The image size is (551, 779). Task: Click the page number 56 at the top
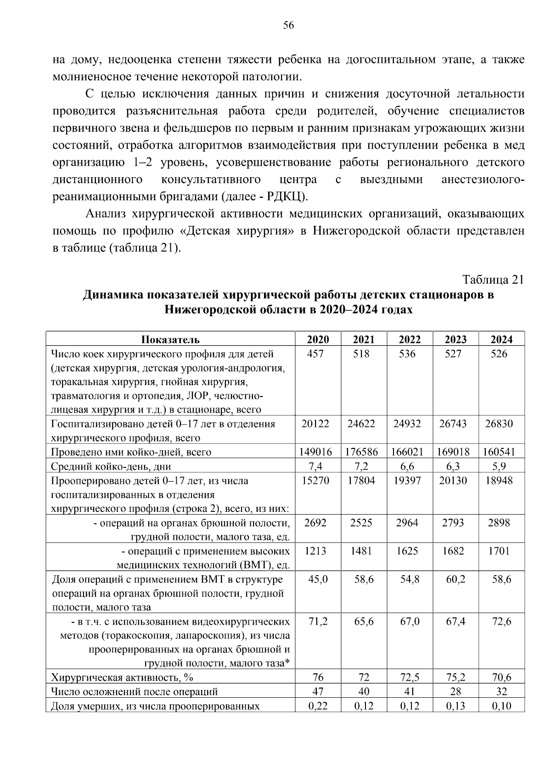(x=288, y=25)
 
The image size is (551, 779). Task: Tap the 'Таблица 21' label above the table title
(x=493, y=280)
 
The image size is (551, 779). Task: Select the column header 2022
(x=410, y=340)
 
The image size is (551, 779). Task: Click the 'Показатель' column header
(x=170, y=340)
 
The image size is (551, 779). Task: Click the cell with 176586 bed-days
(x=361, y=452)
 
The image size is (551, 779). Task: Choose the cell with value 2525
(x=361, y=523)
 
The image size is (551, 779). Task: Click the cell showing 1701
(x=499, y=551)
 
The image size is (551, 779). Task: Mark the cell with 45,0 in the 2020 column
(x=318, y=579)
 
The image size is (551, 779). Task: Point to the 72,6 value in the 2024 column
(x=501, y=622)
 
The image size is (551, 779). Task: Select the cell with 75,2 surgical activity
(x=455, y=678)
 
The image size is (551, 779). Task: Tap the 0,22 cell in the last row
(x=318, y=706)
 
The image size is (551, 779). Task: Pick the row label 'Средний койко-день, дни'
(x=111, y=466)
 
